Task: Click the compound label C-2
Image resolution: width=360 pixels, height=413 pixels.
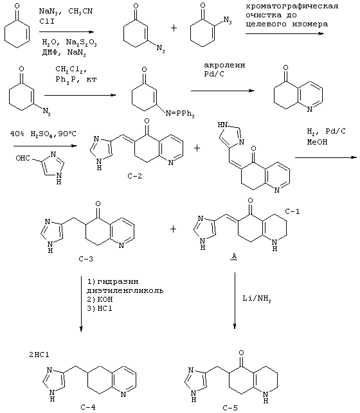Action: tap(134, 176)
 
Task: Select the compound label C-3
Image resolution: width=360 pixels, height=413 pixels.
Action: tap(86, 259)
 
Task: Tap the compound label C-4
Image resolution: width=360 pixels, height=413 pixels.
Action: tap(88, 407)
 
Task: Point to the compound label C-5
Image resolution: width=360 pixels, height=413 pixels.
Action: tap(230, 408)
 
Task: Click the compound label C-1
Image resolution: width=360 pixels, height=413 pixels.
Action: tap(292, 211)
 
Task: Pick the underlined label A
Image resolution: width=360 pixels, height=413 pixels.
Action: tap(234, 257)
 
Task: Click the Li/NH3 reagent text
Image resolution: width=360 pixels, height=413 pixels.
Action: tap(256, 299)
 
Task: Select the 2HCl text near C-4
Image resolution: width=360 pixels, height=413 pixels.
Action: tap(39, 355)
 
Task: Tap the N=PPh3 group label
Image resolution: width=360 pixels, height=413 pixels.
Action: tap(180, 114)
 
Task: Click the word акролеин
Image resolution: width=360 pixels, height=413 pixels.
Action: tap(224, 65)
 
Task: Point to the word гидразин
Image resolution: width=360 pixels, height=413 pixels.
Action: tap(118, 281)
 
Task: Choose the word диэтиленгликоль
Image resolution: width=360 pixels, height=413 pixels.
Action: tap(125, 290)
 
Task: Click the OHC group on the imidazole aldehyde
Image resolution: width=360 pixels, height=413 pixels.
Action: tap(22, 158)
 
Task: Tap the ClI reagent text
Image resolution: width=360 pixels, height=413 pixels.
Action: tap(47, 21)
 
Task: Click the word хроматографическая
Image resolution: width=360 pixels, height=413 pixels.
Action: tap(292, 6)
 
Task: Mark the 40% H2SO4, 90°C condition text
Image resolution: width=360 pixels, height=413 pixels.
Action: tap(43, 134)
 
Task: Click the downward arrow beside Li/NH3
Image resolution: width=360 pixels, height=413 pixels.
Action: tap(235, 301)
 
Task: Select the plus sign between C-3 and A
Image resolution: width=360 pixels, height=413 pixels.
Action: tap(173, 229)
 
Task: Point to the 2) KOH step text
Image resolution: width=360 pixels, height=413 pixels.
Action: tap(100, 299)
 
